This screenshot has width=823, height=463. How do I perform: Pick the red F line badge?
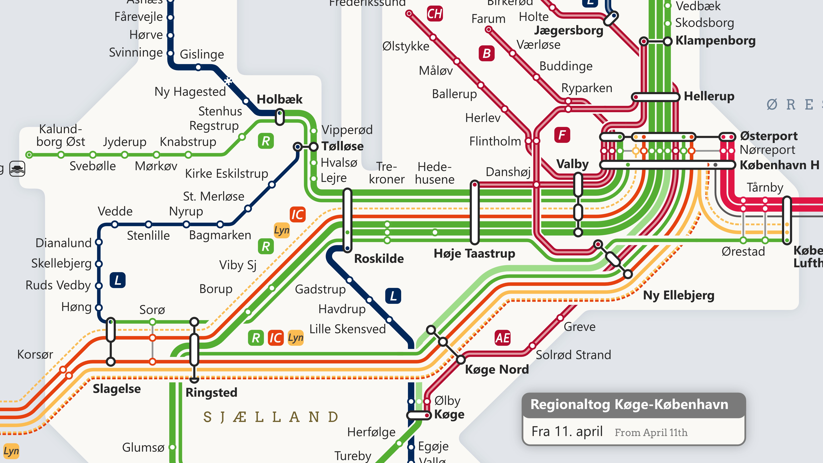(562, 135)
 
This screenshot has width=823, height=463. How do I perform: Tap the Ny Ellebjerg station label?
(679, 295)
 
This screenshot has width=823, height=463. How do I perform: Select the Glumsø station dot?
(172, 447)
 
